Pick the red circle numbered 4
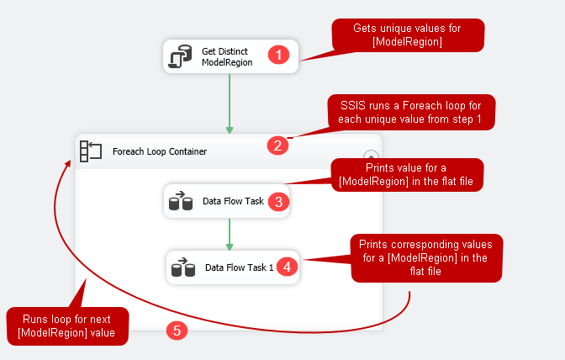pyautogui.click(x=287, y=266)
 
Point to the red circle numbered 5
pyautogui.click(x=177, y=330)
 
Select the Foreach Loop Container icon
pyautogui.click(x=90, y=151)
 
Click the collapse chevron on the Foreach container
pyautogui.click(x=371, y=156)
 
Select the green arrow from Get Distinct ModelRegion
pyautogui.click(x=230, y=103)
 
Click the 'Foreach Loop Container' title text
pyautogui.click(x=160, y=152)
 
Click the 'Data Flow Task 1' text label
pyautogui.click(x=239, y=267)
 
